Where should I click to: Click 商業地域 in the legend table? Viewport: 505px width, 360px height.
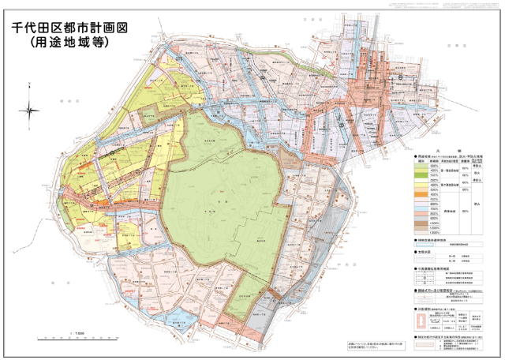tap(447, 212)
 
